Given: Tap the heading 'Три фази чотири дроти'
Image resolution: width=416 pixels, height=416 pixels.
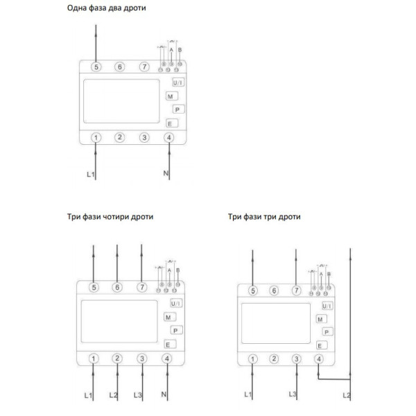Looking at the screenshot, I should (x=110, y=217).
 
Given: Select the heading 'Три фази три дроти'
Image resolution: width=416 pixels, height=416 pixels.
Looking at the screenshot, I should (x=264, y=217).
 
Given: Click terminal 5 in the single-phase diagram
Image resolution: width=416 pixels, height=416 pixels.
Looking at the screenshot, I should (x=96, y=67).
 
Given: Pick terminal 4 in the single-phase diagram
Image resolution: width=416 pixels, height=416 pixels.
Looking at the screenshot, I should (x=169, y=137).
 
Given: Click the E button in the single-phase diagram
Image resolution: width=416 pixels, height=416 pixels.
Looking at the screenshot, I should (x=171, y=123).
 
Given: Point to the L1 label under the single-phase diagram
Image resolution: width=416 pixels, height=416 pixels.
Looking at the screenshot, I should (x=90, y=174).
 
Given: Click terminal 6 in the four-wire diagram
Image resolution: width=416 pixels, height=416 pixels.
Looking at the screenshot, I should (x=118, y=286).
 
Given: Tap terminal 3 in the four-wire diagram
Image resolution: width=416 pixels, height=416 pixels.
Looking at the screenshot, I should (x=142, y=358).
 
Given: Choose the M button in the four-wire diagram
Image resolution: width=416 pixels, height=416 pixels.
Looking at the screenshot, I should (x=169, y=317).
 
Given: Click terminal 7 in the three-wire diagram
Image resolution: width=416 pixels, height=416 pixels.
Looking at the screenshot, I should (x=297, y=291).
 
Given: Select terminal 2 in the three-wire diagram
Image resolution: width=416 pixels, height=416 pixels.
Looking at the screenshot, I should (x=275, y=358).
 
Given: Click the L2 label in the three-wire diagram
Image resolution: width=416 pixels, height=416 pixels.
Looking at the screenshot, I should (x=347, y=395).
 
